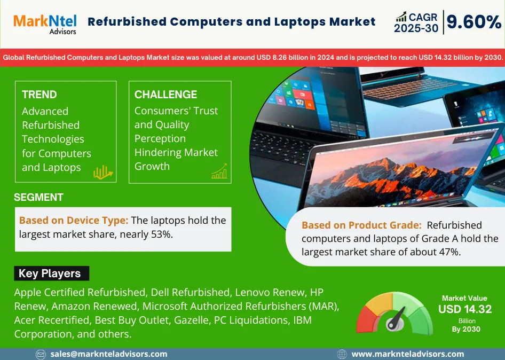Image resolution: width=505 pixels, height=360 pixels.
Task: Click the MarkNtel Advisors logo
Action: (x=45, y=24)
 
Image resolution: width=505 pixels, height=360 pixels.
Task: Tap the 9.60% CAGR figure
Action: (x=474, y=22)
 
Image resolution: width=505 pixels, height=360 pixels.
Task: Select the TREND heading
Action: (x=40, y=95)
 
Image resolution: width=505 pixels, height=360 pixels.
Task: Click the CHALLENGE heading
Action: (x=165, y=95)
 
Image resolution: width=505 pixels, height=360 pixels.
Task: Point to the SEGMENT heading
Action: (x=38, y=197)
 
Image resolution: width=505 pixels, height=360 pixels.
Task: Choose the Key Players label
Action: (x=50, y=273)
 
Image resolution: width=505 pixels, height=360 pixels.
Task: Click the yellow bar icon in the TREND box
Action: (x=102, y=173)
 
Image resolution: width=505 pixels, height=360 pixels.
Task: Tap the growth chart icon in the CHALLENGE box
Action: (x=219, y=171)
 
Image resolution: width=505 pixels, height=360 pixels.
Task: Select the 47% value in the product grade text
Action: (x=450, y=252)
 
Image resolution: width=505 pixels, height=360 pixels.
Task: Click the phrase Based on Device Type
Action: (x=74, y=221)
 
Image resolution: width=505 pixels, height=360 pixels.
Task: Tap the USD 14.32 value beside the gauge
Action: (x=465, y=309)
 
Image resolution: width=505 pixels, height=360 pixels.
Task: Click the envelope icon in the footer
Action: (x=41, y=355)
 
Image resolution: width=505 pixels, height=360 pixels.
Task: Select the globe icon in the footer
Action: (x=342, y=355)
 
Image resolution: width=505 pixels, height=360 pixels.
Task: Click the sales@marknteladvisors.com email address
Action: (x=109, y=354)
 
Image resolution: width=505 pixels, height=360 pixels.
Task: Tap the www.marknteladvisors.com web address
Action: (x=408, y=354)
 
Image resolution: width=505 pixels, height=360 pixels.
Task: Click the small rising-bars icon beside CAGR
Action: (x=401, y=17)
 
